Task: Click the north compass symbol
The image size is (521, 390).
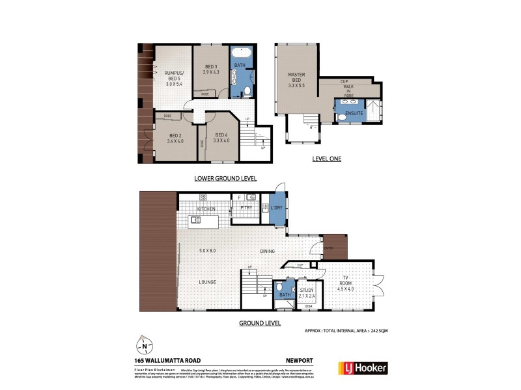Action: tap(145, 344)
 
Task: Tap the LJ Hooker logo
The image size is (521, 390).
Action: tap(361, 368)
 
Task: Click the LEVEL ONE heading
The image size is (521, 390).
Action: tap(326, 159)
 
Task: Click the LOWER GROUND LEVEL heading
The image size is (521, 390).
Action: tap(226, 178)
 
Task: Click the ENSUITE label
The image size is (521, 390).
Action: tap(355, 112)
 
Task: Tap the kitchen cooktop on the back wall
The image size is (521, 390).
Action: tap(203, 197)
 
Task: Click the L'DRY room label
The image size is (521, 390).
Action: tap(268, 209)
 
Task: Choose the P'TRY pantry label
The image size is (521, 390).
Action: tap(246, 209)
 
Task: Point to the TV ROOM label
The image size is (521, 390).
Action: tap(346, 281)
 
